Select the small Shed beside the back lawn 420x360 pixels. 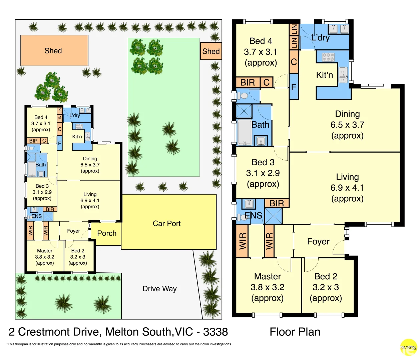click(211, 51)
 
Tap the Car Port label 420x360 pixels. click(166, 223)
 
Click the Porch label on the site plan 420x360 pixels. click(107, 233)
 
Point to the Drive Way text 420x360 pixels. click(159, 289)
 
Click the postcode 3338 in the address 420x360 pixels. click(215, 332)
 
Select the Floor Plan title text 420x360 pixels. click(295, 332)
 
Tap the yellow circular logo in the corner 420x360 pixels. click(409, 347)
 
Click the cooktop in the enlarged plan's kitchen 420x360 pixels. click(328, 57)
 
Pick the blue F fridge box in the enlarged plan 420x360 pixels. click(294, 87)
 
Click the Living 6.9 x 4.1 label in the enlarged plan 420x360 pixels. click(347, 188)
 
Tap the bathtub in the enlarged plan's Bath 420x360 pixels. click(245, 133)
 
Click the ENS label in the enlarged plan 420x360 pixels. click(254, 215)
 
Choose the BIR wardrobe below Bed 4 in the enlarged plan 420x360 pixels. click(248, 82)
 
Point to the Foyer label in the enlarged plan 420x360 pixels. click(318, 241)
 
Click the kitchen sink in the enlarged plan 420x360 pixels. click(343, 75)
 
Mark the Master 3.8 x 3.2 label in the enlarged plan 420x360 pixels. click(268, 287)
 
